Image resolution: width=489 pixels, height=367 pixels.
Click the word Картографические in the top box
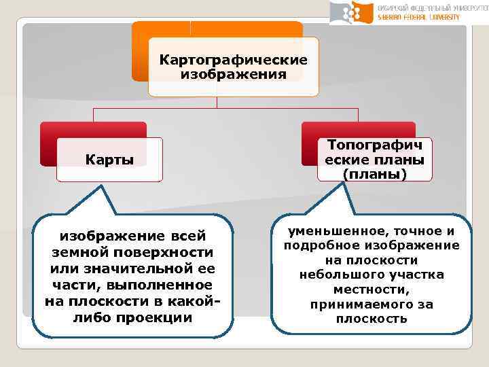233,60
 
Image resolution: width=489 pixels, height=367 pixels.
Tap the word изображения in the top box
233,73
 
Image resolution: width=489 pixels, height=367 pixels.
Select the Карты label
109,160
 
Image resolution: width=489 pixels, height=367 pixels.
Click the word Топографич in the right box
374,145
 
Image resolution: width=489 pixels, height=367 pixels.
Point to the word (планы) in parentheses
374,174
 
